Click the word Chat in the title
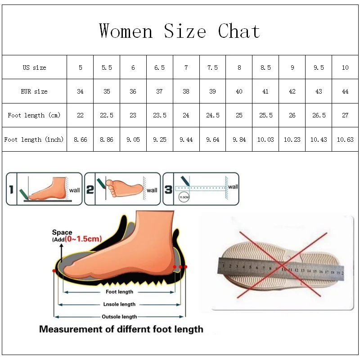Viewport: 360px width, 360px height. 239,31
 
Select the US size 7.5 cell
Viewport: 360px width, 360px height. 212,67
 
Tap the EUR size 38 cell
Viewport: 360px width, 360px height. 186,91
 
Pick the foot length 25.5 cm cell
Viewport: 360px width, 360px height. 265,115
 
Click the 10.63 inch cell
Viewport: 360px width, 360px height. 345,139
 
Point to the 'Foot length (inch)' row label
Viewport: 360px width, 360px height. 34,139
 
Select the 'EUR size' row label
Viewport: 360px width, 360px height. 34,91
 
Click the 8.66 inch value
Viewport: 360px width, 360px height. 80,139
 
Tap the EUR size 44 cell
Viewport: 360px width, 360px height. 345,91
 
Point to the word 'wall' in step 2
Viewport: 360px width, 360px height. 152,190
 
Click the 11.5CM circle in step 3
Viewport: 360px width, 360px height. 183,198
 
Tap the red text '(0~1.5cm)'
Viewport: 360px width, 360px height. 84,238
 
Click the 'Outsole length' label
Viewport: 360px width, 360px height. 119,317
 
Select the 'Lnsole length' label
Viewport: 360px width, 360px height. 119,305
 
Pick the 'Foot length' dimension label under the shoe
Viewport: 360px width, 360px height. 119,292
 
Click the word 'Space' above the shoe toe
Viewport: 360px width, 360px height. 62,232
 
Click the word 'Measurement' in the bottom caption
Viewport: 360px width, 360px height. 70,329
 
